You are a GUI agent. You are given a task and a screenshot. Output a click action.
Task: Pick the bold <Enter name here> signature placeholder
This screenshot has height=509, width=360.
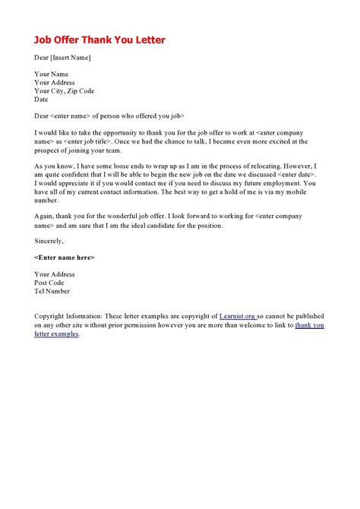(65, 258)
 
